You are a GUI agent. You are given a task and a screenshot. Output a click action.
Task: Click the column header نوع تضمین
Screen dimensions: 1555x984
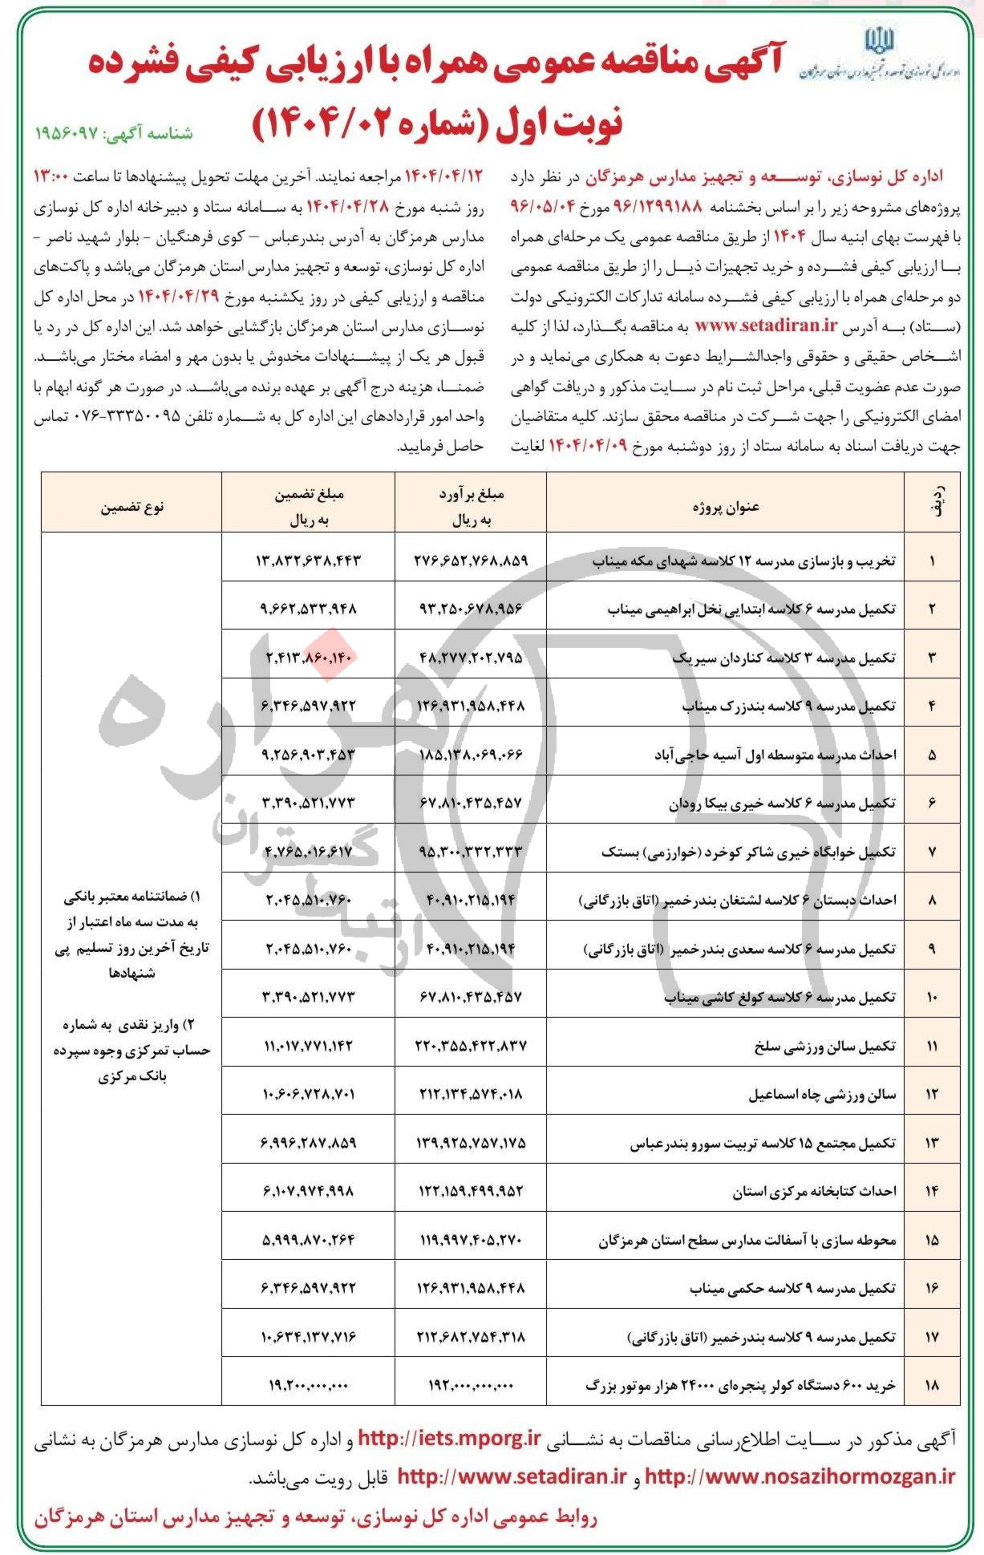[x=132, y=507]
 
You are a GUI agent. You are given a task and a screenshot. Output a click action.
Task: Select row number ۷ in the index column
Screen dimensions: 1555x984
[x=932, y=852]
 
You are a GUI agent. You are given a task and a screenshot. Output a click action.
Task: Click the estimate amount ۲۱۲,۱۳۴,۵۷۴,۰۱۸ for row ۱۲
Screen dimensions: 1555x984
[x=470, y=1095]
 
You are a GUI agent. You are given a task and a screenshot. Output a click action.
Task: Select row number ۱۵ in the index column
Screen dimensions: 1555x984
[x=932, y=1240]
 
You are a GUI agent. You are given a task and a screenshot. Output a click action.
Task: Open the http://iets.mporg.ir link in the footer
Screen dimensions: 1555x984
[x=450, y=1439]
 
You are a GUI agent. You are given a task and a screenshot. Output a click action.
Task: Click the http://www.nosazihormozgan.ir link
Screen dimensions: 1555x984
[x=800, y=1476]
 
